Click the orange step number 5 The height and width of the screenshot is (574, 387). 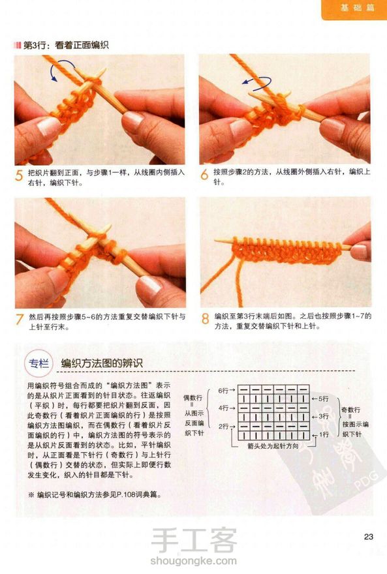tap(19, 175)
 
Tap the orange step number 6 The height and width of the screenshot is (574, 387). tap(204, 174)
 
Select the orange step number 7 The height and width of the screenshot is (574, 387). tap(20, 320)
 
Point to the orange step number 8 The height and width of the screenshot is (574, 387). tap(205, 319)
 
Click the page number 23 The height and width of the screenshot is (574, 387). tap(368, 537)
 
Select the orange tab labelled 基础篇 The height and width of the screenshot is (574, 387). tap(354, 8)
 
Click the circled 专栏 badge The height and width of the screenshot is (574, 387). tap(39, 363)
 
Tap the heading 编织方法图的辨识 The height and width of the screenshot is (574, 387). tap(102, 363)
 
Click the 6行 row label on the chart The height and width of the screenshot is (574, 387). tap(223, 391)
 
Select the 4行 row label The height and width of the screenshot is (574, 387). tap(223, 408)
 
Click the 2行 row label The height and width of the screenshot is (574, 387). tap(223, 427)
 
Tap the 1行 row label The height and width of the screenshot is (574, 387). tap(324, 434)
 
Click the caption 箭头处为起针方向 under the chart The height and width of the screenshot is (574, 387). tap(272, 446)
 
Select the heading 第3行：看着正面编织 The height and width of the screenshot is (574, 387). tap(66, 46)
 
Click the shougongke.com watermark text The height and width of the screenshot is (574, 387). tap(193, 560)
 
